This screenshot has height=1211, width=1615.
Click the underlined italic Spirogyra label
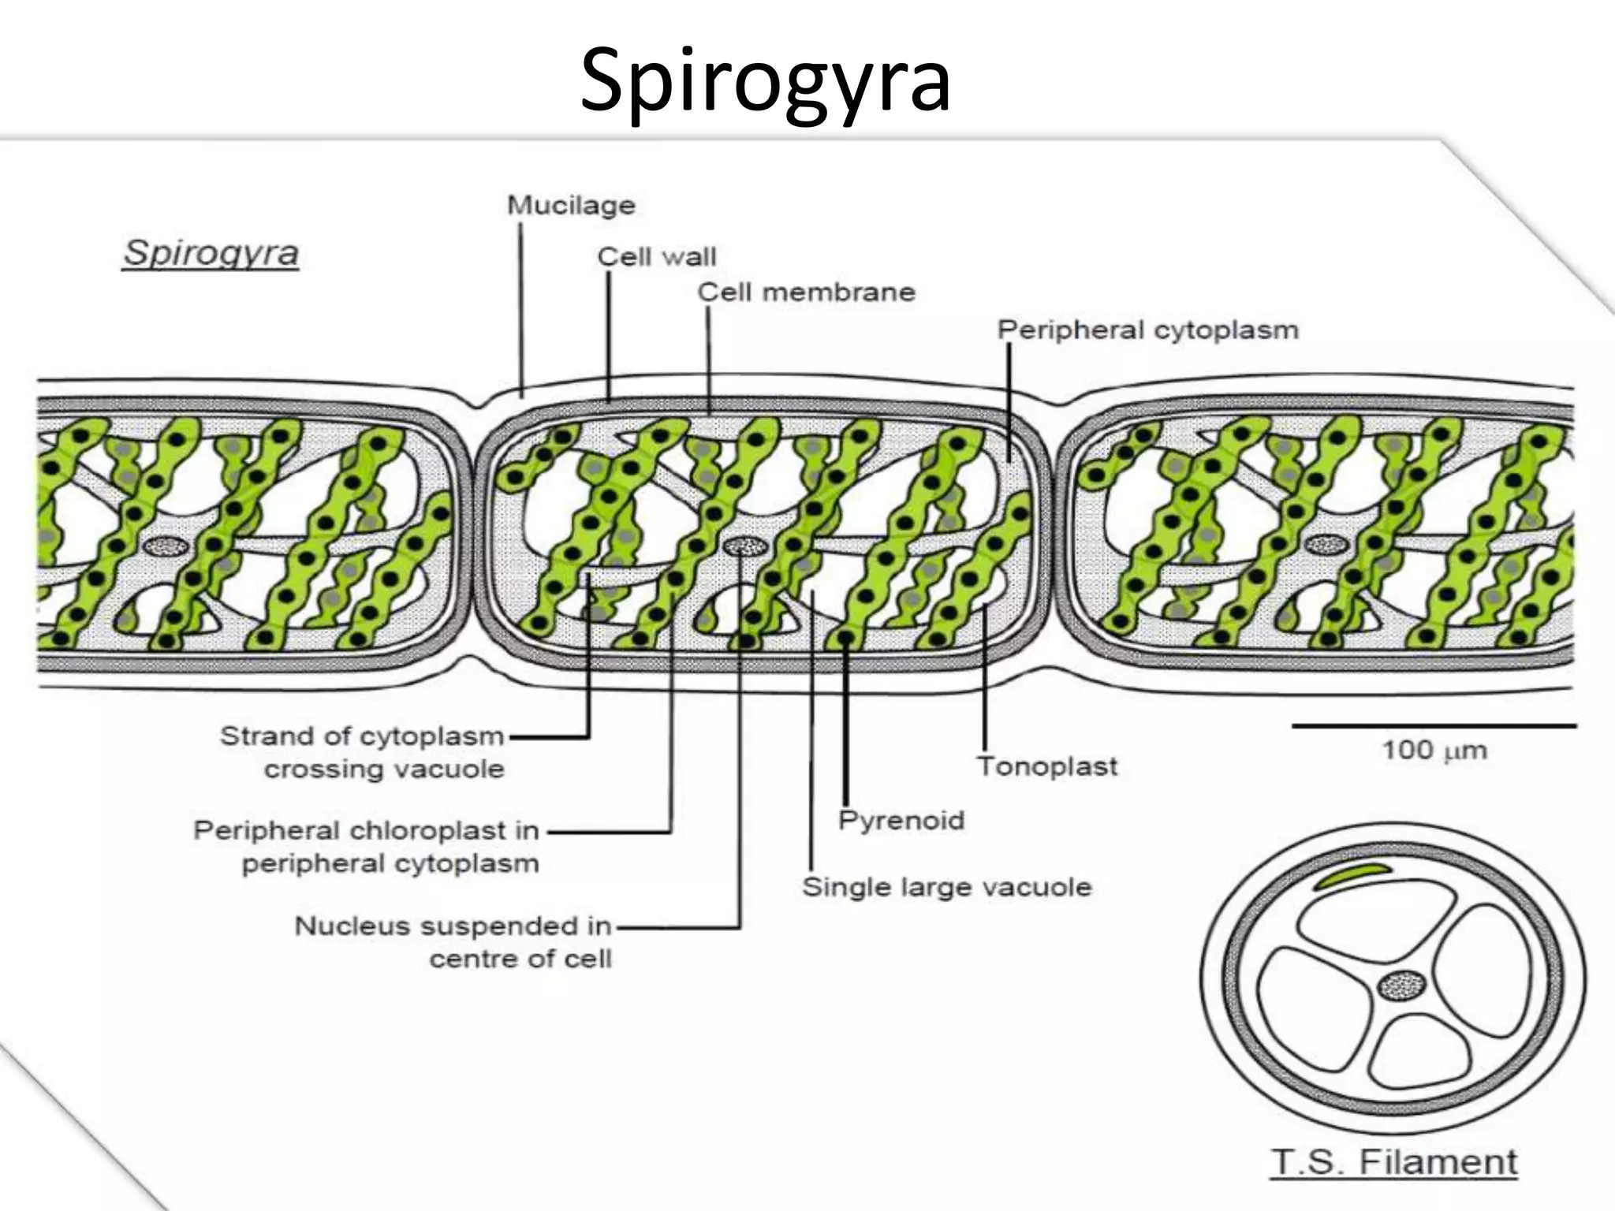[211, 254]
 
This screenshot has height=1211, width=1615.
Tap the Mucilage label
[571, 206]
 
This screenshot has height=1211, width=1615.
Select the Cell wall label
[656, 257]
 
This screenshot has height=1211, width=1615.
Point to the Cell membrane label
[806, 293]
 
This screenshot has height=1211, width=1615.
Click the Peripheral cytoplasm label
[1147, 330]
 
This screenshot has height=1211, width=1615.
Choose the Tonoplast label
[1047, 766]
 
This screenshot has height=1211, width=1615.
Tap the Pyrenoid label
[901, 820]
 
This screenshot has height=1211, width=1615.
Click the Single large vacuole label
[946, 887]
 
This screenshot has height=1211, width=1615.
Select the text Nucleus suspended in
[453, 926]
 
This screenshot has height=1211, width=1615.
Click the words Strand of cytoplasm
[362, 736]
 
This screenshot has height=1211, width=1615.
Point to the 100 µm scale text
[1434, 750]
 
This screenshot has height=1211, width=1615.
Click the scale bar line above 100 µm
[1434, 725]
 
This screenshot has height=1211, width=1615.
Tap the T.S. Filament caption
[1394, 1163]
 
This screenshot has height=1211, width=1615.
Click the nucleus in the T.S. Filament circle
[1401, 986]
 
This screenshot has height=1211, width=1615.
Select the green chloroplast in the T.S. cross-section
[1351, 875]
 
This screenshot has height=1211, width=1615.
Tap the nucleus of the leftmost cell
[165, 546]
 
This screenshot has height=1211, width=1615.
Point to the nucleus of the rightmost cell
[1325, 544]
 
